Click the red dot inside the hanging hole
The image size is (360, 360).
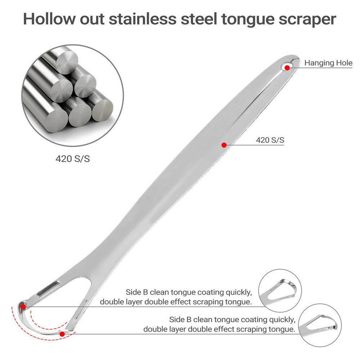(287, 67)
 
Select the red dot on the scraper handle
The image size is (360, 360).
(224, 145)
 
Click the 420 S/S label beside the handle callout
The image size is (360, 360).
(270, 140)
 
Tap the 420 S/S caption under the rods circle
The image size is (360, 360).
(72, 158)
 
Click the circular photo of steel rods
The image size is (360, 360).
(72, 95)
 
